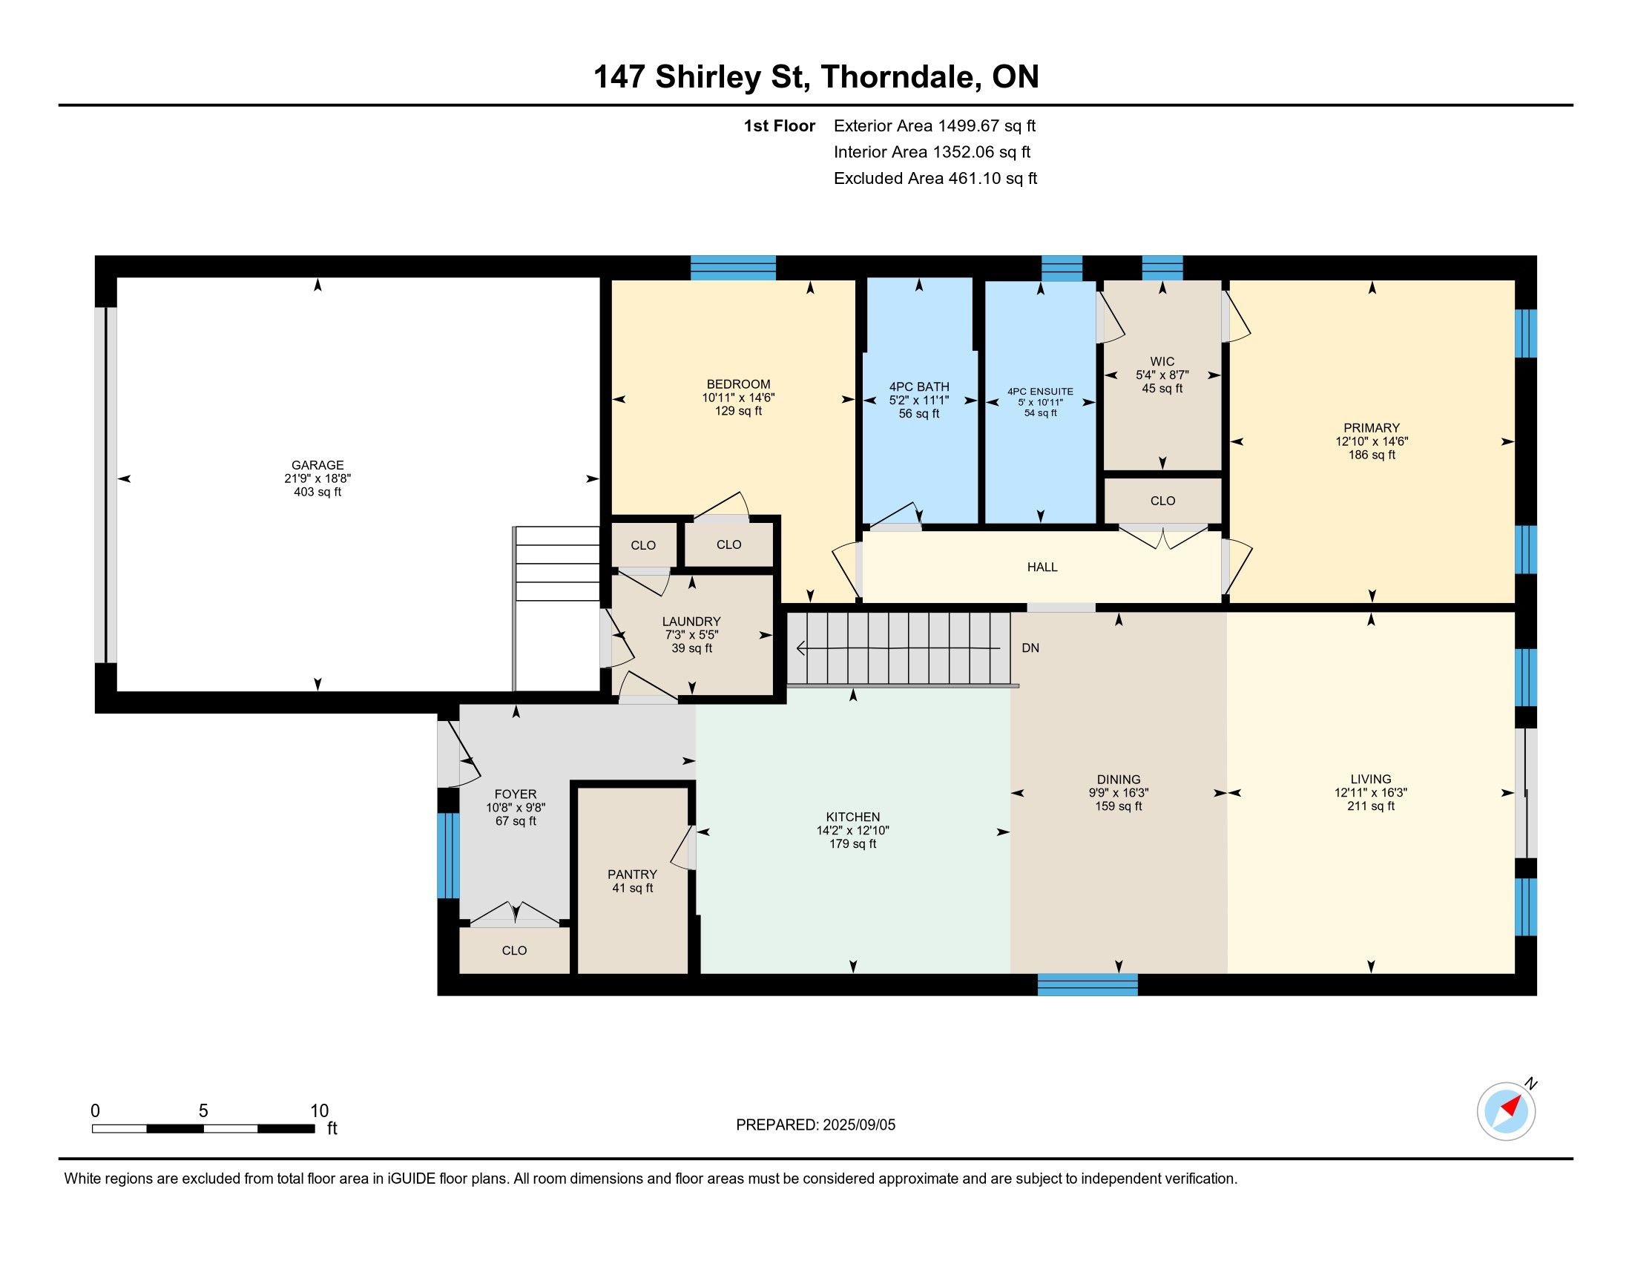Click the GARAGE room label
click(x=317, y=464)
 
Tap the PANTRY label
click(x=632, y=874)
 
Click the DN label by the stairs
click(x=1030, y=648)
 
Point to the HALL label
click(x=1042, y=567)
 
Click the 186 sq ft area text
click(x=1372, y=455)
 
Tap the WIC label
click(x=1162, y=361)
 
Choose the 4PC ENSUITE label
click(x=1040, y=392)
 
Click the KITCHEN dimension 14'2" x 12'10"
click(x=852, y=831)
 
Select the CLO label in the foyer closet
click(x=514, y=950)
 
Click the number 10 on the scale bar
click(x=319, y=1110)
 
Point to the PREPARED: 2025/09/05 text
click(x=815, y=1125)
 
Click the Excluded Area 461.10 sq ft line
click(x=935, y=179)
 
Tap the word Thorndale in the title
click(x=901, y=77)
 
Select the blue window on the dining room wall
click(x=1088, y=984)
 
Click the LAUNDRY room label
click(x=691, y=622)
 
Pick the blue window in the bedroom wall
click(x=733, y=268)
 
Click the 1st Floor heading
click(x=779, y=126)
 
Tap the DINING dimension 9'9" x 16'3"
click(x=1119, y=793)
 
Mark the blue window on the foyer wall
click(x=448, y=855)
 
